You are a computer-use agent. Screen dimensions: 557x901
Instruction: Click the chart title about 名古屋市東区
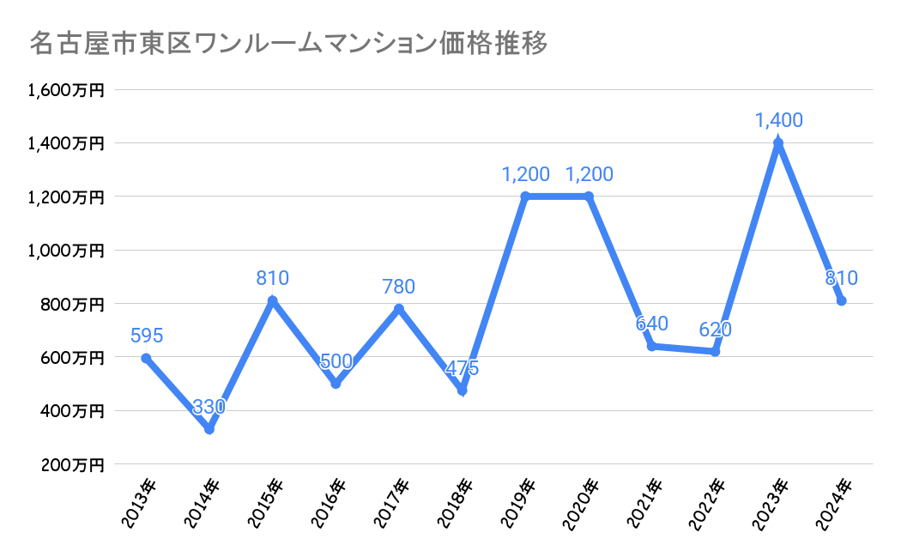tap(288, 44)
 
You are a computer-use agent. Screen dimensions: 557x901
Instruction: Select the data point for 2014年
tap(209, 429)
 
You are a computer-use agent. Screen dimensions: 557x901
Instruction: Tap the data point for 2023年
tap(778, 143)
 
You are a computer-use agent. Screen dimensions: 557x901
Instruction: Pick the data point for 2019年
tap(525, 197)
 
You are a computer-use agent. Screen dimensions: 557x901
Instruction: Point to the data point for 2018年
tap(463, 391)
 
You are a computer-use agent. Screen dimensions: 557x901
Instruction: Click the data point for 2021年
tap(652, 346)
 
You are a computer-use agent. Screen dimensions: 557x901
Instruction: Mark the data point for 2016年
tap(336, 384)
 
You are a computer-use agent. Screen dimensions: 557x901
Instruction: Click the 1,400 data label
tap(778, 120)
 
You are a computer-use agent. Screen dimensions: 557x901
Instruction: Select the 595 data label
tap(147, 336)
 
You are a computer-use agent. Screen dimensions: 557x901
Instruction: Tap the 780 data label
tap(399, 286)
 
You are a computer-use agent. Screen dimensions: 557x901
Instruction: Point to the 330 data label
tap(209, 407)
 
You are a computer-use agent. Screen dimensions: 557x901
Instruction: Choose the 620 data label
tap(716, 330)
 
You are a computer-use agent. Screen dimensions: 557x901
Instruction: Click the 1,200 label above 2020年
tap(589, 174)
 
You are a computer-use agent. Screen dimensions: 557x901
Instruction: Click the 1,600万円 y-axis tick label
tap(66, 90)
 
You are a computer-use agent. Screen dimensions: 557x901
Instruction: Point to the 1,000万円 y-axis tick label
tap(66, 251)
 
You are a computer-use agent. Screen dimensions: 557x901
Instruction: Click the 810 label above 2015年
tap(272, 278)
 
